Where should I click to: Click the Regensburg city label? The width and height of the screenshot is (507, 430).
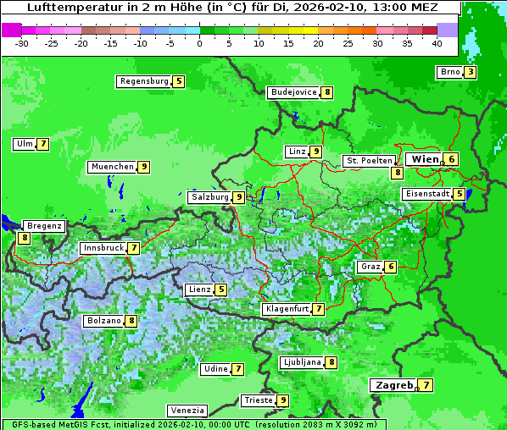[143, 81]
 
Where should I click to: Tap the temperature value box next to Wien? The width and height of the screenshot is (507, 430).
[453, 159]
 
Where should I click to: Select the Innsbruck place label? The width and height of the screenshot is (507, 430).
[102, 248]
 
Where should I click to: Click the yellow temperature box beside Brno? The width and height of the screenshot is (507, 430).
[470, 72]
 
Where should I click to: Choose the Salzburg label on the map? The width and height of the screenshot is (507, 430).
[209, 197]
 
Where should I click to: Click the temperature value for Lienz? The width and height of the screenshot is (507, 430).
[221, 289]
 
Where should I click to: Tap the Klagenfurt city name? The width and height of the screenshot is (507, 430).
[286, 309]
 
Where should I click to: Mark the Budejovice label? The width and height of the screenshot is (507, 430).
[293, 92]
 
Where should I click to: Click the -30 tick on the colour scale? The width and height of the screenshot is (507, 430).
[22, 43]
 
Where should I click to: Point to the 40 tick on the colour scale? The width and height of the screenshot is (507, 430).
[437, 43]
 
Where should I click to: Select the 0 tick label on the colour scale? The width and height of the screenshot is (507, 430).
[199, 43]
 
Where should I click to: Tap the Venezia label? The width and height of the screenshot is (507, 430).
[187, 411]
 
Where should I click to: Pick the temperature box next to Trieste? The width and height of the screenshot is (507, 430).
[283, 400]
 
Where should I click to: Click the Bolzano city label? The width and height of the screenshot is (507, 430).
[103, 322]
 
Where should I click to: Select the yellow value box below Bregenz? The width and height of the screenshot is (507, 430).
[24, 239]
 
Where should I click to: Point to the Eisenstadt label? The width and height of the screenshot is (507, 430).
[426, 194]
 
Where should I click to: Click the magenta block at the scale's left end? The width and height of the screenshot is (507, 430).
[12, 29]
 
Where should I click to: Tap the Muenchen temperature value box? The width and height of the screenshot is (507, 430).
[144, 167]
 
